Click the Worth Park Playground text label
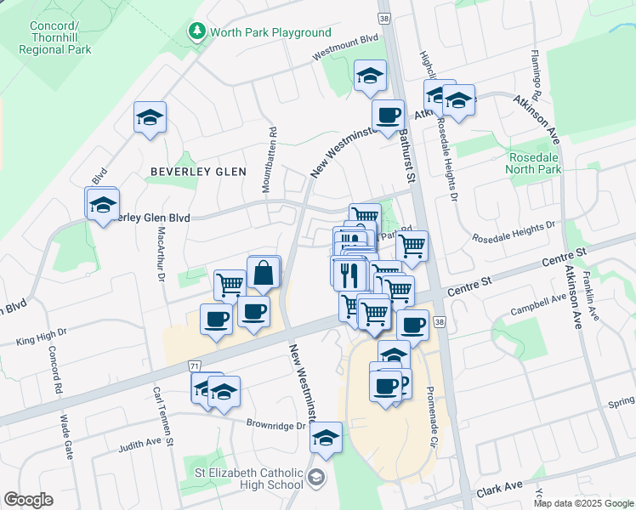click(x=270, y=32)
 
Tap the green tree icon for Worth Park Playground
click(x=197, y=32)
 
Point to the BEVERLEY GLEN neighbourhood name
click(x=198, y=171)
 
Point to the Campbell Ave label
click(x=538, y=304)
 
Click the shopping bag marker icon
click(x=264, y=274)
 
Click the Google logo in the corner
click(x=28, y=500)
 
